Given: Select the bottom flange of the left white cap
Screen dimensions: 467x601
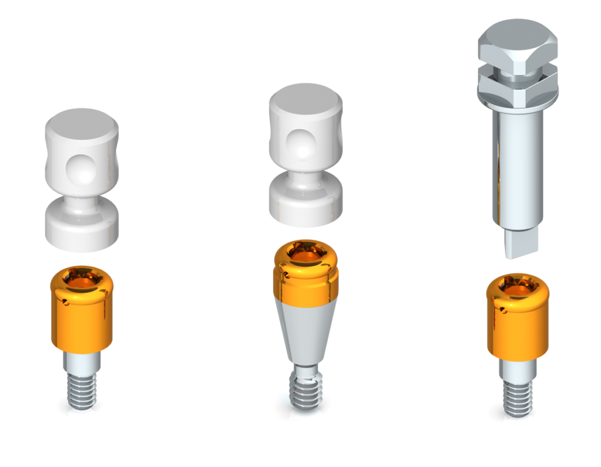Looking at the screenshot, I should [82, 226].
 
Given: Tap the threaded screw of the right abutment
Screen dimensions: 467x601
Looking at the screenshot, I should [518, 399].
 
